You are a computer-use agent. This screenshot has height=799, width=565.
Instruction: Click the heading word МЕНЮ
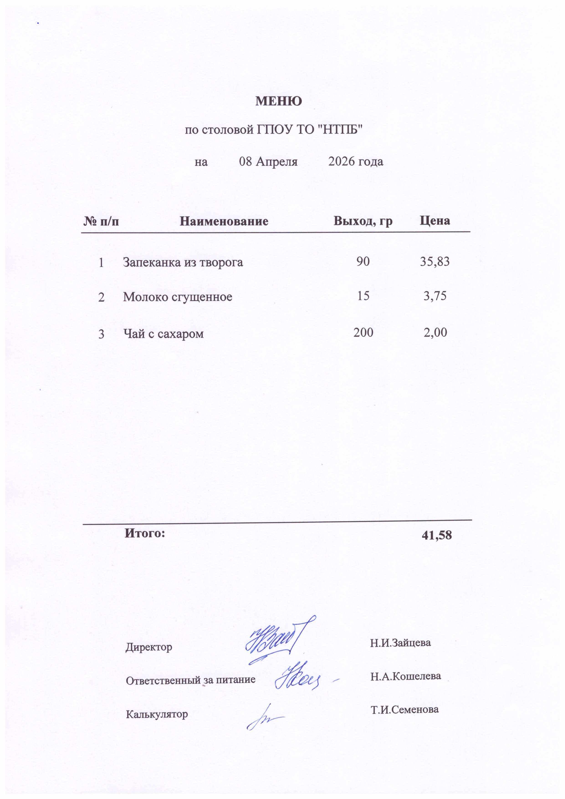[x=279, y=101]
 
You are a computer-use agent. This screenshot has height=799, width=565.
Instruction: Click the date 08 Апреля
[x=268, y=162]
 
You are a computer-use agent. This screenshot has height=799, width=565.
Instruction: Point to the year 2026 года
[x=355, y=162]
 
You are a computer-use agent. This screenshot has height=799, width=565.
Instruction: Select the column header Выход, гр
[x=363, y=221]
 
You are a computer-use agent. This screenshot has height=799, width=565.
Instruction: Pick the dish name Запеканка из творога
[x=183, y=262]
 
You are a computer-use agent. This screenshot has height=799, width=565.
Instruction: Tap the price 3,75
[x=435, y=296]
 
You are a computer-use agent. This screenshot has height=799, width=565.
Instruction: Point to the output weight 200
[x=363, y=333]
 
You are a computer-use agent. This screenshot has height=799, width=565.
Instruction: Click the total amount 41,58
[x=437, y=535]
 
